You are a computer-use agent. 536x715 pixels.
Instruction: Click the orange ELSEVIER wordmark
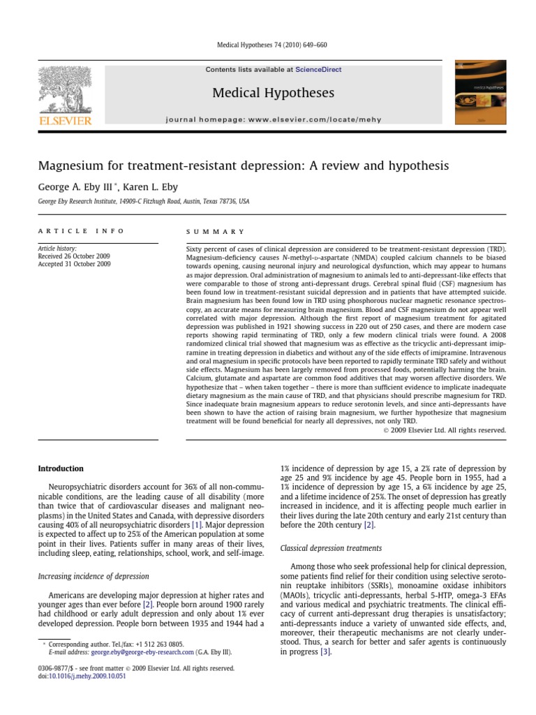click(x=64, y=121)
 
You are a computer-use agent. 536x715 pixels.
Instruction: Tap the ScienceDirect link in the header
click(x=318, y=70)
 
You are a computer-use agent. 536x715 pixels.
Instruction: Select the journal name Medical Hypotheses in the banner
click(x=274, y=94)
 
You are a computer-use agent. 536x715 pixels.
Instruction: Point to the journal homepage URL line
click(x=274, y=120)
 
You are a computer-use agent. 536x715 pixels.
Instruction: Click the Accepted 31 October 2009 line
click(x=74, y=265)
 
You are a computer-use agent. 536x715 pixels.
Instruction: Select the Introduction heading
click(x=61, y=469)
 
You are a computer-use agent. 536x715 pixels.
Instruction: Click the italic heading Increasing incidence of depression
click(x=93, y=576)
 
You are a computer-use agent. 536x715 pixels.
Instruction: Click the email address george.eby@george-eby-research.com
click(x=145, y=652)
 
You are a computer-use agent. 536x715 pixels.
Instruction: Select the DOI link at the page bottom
click(x=76, y=676)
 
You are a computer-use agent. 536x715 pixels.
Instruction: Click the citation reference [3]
click(x=325, y=651)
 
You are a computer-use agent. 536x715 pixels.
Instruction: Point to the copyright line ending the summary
click(x=444, y=431)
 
